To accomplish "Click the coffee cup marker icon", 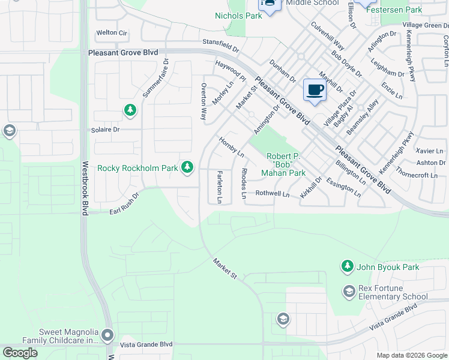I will point(315,91).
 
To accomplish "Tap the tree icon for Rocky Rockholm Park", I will point(188,167).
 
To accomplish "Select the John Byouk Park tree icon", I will point(347,265).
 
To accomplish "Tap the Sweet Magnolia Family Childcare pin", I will point(107,335).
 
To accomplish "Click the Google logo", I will point(20,353).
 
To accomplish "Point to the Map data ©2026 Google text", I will point(411,355).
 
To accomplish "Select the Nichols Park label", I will point(238,16).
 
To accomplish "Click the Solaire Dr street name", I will point(105,130).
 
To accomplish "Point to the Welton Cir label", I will point(112,32).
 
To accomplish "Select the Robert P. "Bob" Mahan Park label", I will point(283,164).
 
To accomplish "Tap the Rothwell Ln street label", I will point(273,194).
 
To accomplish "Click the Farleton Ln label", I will point(220,186).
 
